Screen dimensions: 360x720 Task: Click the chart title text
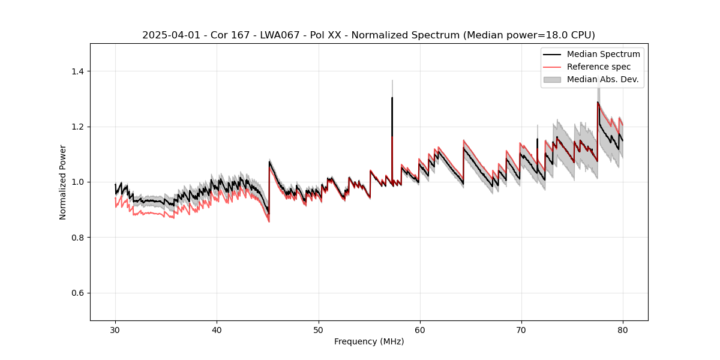click(x=368, y=35)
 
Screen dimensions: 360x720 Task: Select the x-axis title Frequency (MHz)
click(x=369, y=341)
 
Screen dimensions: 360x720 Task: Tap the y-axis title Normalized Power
click(x=63, y=182)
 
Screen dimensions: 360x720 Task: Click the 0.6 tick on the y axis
click(x=77, y=293)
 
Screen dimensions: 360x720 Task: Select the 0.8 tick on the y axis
click(x=77, y=238)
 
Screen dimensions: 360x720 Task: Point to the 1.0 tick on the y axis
click(x=77, y=182)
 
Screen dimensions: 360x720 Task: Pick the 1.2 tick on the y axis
click(x=77, y=127)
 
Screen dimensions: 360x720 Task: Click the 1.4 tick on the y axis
click(x=77, y=71)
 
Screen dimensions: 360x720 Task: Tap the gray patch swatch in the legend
click(x=552, y=79)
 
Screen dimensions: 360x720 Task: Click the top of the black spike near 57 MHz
click(x=392, y=97)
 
